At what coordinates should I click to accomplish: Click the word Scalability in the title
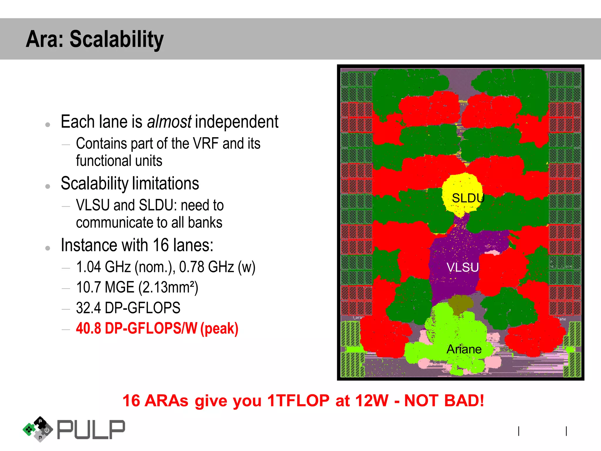point(117,39)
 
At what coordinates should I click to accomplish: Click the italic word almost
point(169,122)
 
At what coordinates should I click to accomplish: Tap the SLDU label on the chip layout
point(468,198)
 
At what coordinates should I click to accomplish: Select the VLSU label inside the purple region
point(462,267)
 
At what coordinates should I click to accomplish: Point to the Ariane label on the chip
point(464,349)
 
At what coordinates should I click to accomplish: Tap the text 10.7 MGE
point(105,287)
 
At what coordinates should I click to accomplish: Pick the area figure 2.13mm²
point(168,287)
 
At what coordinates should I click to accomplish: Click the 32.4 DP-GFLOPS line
point(128,308)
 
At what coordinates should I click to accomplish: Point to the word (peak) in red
point(219,329)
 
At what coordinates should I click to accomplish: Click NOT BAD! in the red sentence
point(444,400)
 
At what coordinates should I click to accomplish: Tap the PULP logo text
point(91,430)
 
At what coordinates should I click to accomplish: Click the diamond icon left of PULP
point(38,429)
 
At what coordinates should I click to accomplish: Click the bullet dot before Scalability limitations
point(48,186)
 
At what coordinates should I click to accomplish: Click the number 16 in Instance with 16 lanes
point(161,245)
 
